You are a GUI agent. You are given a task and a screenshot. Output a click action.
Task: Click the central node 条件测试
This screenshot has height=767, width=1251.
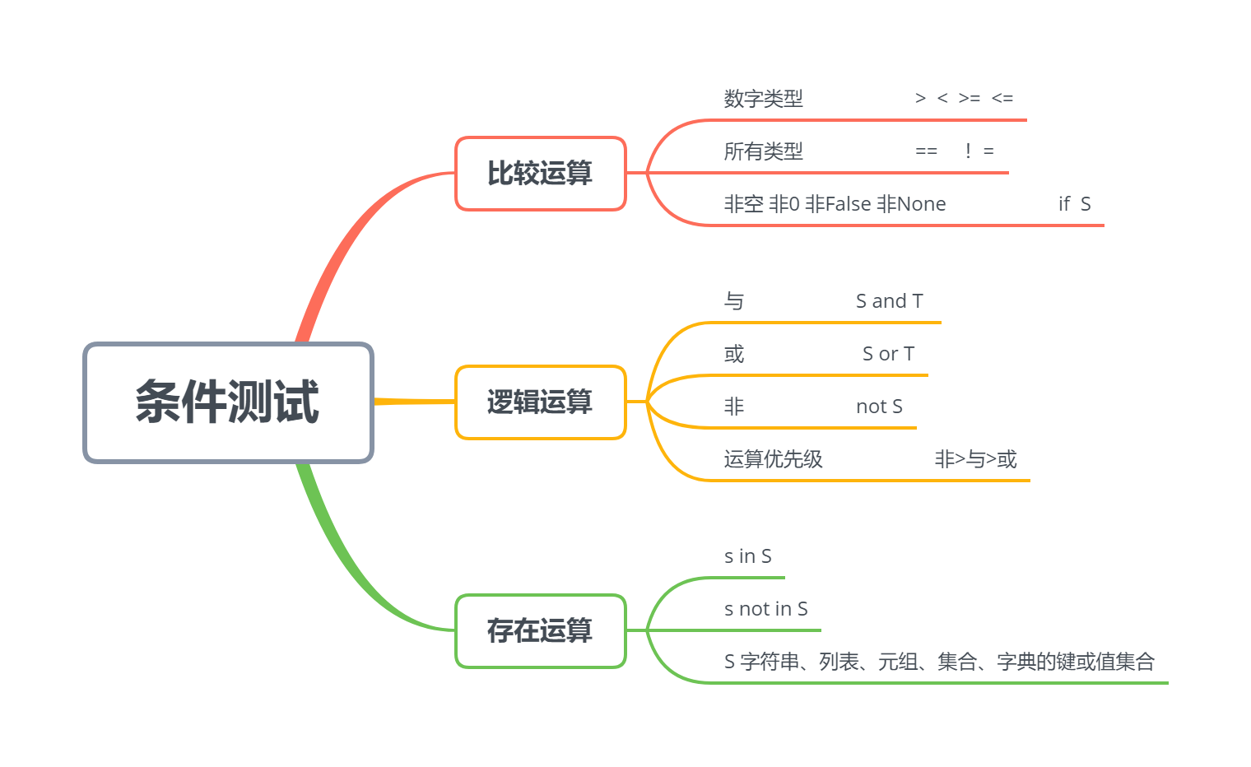click(228, 402)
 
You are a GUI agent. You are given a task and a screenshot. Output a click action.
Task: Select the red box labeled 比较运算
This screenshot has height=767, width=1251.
click(540, 174)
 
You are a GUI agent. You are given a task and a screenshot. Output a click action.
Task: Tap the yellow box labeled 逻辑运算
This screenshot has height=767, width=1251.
click(540, 402)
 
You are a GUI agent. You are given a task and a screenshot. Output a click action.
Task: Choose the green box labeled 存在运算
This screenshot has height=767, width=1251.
click(540, 630)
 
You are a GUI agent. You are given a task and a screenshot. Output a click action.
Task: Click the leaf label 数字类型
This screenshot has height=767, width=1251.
click(763, 99)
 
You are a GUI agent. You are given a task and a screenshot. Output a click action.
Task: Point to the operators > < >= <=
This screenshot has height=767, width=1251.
click(964, 99)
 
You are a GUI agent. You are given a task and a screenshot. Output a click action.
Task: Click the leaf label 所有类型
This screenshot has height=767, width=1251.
click(763, 151)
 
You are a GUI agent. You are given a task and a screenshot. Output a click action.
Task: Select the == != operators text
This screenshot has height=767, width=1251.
click(954, 151)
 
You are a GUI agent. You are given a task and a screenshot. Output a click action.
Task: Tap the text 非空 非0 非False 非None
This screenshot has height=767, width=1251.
click(835, 204)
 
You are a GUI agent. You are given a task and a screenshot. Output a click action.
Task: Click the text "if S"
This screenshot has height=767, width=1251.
click(1074, 204)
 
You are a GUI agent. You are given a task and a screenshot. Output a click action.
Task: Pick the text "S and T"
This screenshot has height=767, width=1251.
click(889, 301)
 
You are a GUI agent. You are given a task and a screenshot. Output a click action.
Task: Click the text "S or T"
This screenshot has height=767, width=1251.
click(888, 354)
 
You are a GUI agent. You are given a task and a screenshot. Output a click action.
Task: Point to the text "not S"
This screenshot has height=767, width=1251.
click(879, 407)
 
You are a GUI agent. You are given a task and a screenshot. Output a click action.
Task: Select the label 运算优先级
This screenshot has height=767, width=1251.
click(773, 459)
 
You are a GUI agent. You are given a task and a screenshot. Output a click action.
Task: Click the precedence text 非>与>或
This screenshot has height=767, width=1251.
click(975, 459)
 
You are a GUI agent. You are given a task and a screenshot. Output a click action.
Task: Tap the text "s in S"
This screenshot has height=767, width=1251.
click(747, 556)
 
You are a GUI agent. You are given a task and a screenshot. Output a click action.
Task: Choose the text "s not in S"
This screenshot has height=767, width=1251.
click(765, 609)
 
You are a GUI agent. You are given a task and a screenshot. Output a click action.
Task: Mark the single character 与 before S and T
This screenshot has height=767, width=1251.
click(734, 301)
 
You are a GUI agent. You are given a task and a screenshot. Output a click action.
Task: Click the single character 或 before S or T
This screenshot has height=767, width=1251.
click(734, 354)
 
